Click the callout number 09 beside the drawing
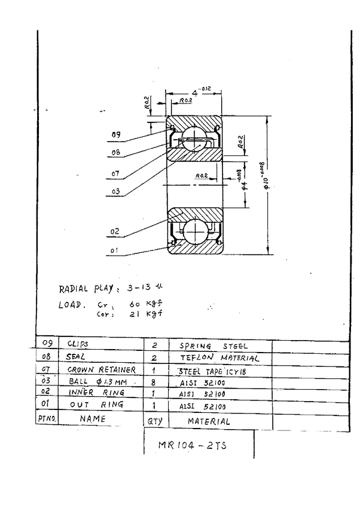(116, 135)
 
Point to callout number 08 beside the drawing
(115, 152)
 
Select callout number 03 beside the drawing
(115, 192)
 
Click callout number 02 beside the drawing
(115, 231)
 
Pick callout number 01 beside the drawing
(115, 252)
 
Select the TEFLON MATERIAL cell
(219, 358)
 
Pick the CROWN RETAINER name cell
(101, 370)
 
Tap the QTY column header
(152, 421)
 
